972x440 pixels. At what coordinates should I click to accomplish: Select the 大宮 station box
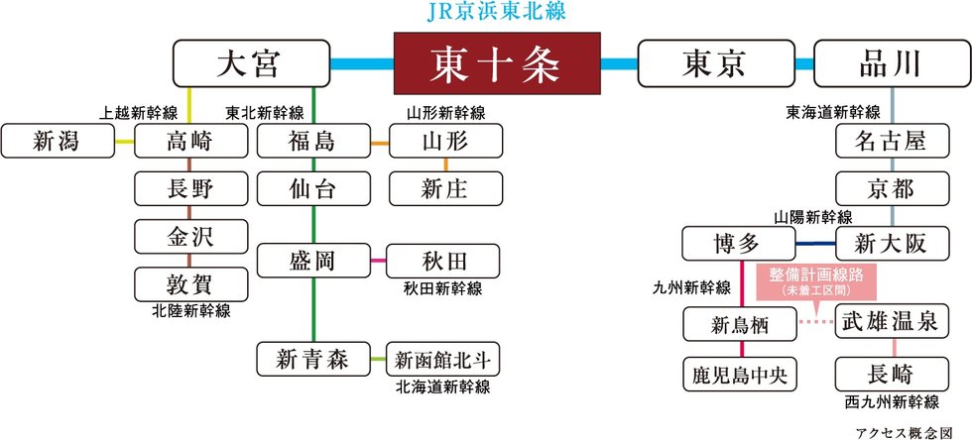coord(252,63)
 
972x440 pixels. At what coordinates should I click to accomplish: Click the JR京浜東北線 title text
coord(495,14)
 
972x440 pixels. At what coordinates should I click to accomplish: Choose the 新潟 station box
coord(59,141)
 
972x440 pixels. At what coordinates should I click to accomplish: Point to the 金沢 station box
coord(190,236)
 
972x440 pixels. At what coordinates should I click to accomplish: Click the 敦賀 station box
coord(190,282)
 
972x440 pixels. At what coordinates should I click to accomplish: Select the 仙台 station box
coord(312,188)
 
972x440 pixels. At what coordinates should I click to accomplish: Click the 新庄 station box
coord(445,188)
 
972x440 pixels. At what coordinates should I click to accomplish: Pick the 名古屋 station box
coord(893,141)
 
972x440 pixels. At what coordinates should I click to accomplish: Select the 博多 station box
coord(739,244)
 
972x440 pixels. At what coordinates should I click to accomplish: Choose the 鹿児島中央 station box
coord(740,375)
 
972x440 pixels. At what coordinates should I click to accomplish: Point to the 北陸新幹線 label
coord(190,310)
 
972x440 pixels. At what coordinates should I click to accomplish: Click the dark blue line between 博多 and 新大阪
coord(815,244)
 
